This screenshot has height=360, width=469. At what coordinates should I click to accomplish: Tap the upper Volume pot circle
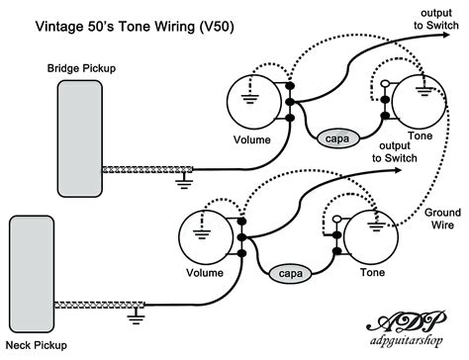point(254,102)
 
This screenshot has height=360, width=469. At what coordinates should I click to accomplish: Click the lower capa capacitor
point(288,270)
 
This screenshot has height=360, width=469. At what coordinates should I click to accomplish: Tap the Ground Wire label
point(442,219)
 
